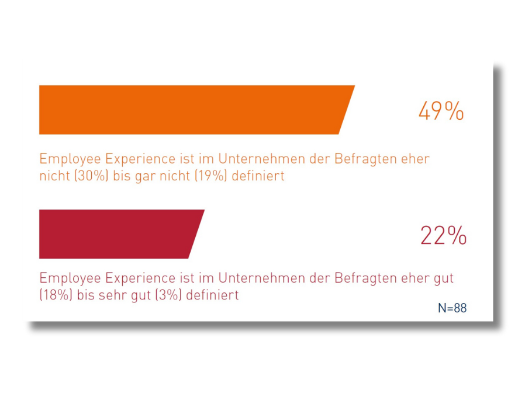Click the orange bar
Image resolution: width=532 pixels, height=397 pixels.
(193, 110)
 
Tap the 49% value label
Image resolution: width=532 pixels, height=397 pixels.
(441, 111)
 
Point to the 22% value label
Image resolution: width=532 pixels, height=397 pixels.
(443, 235)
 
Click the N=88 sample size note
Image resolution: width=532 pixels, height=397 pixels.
(452, 308)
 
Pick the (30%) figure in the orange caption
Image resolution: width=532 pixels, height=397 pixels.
(89, 176)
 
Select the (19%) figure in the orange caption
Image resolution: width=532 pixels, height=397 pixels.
(206, 176)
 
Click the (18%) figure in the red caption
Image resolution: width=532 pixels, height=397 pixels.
(56, 295)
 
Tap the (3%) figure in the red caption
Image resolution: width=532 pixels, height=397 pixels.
(168, 295)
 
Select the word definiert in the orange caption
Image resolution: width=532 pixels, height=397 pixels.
(258, 176)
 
